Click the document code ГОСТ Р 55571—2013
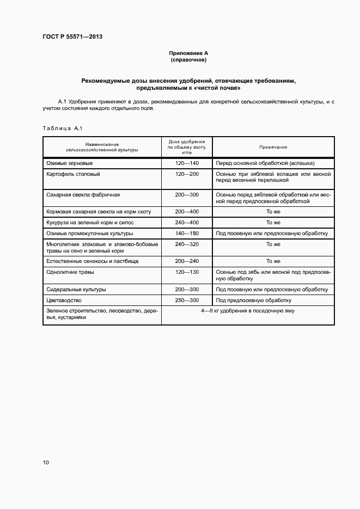[72, 37]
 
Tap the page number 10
[46, 463]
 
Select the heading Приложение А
[188, 53]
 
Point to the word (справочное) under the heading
[188, 59]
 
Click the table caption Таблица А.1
[62, 128]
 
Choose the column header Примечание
[273, 148]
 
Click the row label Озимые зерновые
[70, 163]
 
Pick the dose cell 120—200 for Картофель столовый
[187, 174]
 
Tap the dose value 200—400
[187, 211]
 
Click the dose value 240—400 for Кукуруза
[187, 223]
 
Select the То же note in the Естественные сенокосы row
[273, 261]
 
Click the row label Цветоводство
[64, 301]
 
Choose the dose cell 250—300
[187, 301]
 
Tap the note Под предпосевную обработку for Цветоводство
[253, 301]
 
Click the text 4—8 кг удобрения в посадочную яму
[248, 311]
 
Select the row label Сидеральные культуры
[76, 290]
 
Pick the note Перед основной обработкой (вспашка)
[265, 163]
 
